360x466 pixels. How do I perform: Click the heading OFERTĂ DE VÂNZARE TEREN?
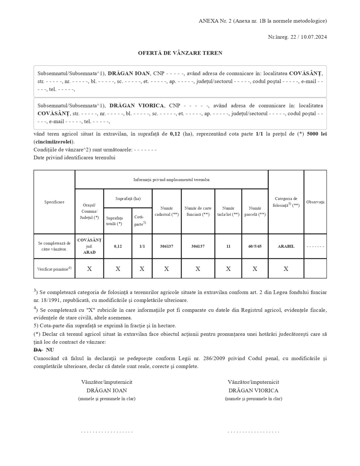[180, 53]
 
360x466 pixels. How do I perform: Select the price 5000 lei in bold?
[316, 134]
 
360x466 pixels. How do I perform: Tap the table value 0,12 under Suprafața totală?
[118, 246]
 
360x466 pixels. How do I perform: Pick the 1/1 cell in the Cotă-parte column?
[142, 246]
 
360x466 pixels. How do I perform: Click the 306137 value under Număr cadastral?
[166, 246]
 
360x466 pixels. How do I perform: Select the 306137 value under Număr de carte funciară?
[198, 246]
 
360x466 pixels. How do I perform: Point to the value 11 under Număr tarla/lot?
[228, 246]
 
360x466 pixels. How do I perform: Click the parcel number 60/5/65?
[255, 246]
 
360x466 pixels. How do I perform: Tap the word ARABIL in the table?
[286, 246]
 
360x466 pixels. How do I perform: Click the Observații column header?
[315, 202]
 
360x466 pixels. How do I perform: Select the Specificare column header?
[54, 202]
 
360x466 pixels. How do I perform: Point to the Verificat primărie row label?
[54, 269]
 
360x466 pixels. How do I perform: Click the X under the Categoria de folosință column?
[286, 269]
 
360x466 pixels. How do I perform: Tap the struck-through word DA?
[38, 350]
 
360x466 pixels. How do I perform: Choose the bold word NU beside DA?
[50, 350]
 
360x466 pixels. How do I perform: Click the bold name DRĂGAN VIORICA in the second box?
[136, 106]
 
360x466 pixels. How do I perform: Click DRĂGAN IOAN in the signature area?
[106, 390]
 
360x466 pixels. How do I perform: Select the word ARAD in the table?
[89, 252]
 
